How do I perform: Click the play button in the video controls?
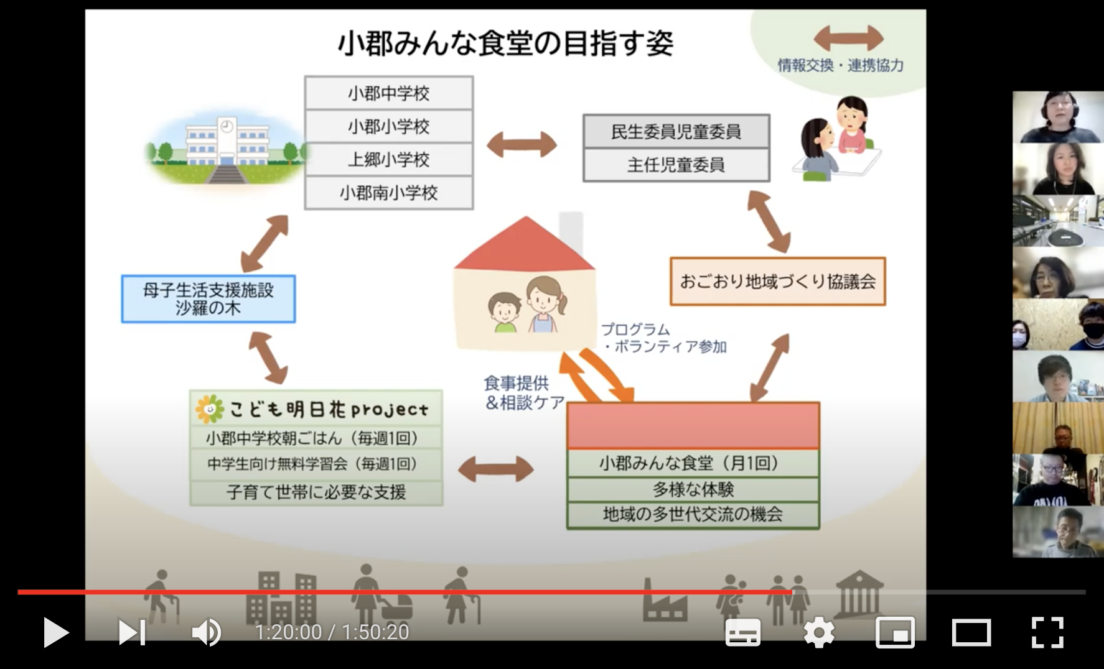tap(56, 633)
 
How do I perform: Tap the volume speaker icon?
tap(206, 633)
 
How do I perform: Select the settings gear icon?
tap(819, 633)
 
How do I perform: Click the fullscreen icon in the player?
tap(1047, 633)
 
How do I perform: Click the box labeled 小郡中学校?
tap(389, 94)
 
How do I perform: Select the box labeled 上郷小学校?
tap(389, 160)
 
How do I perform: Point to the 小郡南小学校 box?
tap(389, 193)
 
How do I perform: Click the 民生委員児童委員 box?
tap(676, 131)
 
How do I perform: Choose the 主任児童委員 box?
tap(676, 165)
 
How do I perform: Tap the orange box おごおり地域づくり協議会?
tap(777, 282)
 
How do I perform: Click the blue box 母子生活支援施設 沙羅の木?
tap(208, 299)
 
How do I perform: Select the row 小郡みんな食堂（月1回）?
tap(693, 463)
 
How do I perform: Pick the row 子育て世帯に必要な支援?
tap(316, 492)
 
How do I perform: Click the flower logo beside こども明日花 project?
tap(209, 409)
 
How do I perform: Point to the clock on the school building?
tap(227, 126)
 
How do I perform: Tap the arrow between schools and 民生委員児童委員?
tap(522, 145)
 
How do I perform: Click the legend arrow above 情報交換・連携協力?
tap(848, 38)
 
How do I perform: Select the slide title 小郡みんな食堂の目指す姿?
tap(505, 44)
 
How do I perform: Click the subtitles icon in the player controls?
tap(743, 633)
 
